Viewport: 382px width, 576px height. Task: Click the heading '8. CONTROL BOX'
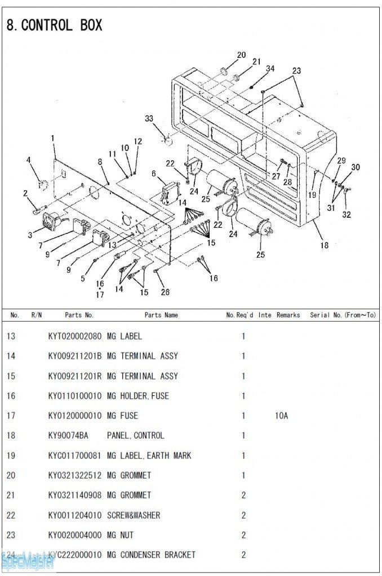click(54, 25)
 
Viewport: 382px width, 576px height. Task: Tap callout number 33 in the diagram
click(149, 119)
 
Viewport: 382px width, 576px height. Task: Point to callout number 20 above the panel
click(241, 55)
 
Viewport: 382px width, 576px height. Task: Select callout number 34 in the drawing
click(270, 69)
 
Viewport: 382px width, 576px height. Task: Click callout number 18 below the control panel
click(324, 245)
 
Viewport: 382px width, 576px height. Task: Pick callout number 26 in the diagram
click(165, 292)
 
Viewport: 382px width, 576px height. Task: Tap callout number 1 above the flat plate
click(53, 138)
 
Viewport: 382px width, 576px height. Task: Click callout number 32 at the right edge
click(347, 214)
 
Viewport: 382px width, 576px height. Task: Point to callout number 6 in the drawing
click(154, 174)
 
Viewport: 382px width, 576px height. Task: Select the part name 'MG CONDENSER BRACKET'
click(151, 555)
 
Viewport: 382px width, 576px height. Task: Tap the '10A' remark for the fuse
click(282, 416)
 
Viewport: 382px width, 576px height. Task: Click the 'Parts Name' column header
click(161, 315)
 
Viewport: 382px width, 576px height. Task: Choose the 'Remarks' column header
click(288, 315)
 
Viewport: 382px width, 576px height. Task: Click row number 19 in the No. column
click(11, 456)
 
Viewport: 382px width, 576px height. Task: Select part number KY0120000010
click(75, 416)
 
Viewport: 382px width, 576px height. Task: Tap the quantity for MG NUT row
click(243, 535)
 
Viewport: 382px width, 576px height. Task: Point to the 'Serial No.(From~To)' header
click(343, 315)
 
